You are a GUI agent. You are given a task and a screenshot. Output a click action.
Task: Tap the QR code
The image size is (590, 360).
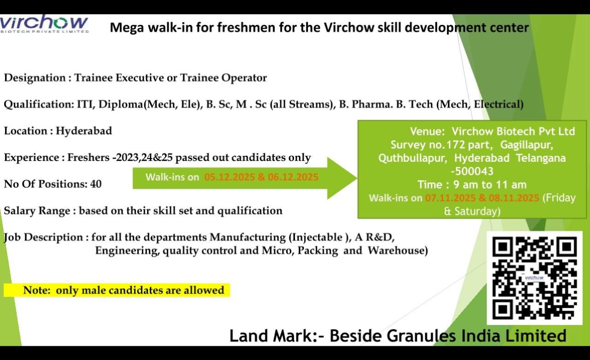535,278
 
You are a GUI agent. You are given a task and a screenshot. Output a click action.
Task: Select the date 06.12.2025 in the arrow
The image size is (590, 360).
293,177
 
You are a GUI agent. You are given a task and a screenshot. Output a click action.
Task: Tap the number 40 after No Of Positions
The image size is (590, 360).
96,184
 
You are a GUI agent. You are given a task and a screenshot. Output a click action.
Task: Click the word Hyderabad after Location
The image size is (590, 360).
84,131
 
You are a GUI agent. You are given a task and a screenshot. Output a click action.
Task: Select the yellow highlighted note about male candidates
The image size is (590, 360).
117,290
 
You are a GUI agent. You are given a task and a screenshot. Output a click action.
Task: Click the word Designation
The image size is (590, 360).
35,78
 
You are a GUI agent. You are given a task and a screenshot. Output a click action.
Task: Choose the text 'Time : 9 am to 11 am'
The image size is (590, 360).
472,185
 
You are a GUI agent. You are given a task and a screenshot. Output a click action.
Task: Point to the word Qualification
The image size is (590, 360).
37,105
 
